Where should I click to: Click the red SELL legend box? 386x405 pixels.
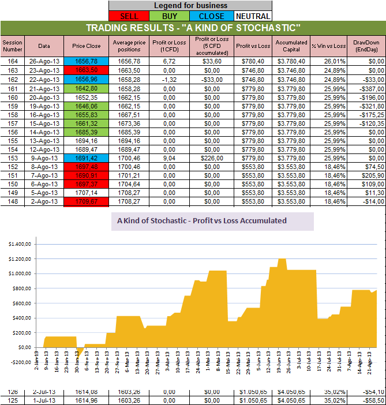[x=128, y=16]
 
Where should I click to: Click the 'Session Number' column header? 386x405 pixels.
[x=12, y=46]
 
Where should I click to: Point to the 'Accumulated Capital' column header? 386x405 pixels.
[x=291, y=46]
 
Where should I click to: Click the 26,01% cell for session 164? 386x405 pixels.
[x=328, y=61]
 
